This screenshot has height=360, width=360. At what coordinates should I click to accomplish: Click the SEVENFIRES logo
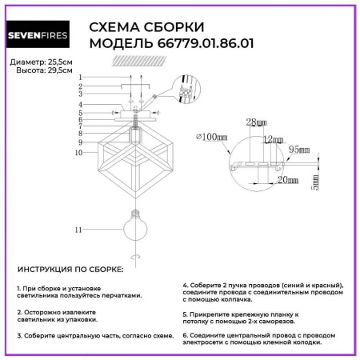(x=38, y=36)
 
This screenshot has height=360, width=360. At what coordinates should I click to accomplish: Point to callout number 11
(x=78, y=230)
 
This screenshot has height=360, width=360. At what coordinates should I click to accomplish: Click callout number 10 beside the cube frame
(x=79, y=151)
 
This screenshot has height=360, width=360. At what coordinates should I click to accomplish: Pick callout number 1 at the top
(x=81, y=77)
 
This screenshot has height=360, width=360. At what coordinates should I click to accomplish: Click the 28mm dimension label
(x=255, y=122)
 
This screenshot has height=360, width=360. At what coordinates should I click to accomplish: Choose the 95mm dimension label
(x=298, y=149)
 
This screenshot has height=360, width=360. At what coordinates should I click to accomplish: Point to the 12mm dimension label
(x=273, y=139)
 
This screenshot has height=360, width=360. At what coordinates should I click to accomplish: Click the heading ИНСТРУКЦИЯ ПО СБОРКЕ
(x=70, y=270)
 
